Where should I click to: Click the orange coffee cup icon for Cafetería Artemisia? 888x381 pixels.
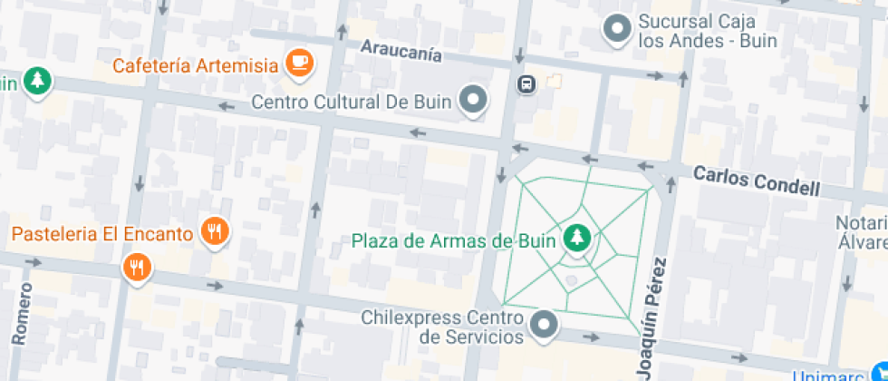pos(299,63)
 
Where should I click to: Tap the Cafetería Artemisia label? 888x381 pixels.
pos(195,66)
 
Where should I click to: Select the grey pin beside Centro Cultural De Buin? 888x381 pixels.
pos(473,100)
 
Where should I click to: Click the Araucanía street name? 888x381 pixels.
pos(401,50)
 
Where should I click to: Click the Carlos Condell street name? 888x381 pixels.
pos(757,181)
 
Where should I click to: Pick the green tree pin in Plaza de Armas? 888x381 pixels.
pos(576,239)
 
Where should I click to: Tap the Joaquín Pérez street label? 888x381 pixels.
pos(652,317)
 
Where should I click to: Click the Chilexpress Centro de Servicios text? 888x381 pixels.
pos(442,327)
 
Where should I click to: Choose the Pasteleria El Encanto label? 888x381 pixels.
pos(102,233)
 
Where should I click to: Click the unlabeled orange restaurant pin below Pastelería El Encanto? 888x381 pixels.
pos(137,267)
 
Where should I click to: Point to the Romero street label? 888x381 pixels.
pos(23,314)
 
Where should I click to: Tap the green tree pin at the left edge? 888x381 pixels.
pos(37,82)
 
